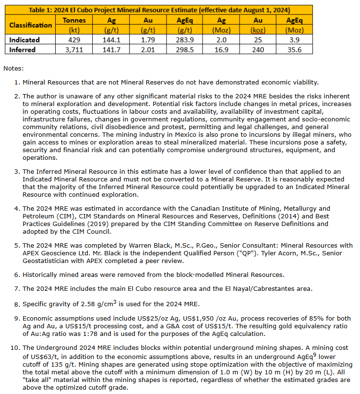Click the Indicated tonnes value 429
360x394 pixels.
74,40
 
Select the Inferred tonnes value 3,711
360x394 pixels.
74,49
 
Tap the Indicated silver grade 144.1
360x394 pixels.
111,40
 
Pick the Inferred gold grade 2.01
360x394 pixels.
148,49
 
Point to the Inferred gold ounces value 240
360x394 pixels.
258,49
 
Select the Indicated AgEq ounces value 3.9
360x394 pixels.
294,40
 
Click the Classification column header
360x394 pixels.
31,25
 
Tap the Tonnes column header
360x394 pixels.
74,20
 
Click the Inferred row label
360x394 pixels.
22,49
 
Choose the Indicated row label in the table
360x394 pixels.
24,40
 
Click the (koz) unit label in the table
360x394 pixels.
258,30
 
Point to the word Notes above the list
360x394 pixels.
13,69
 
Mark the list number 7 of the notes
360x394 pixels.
17,288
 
